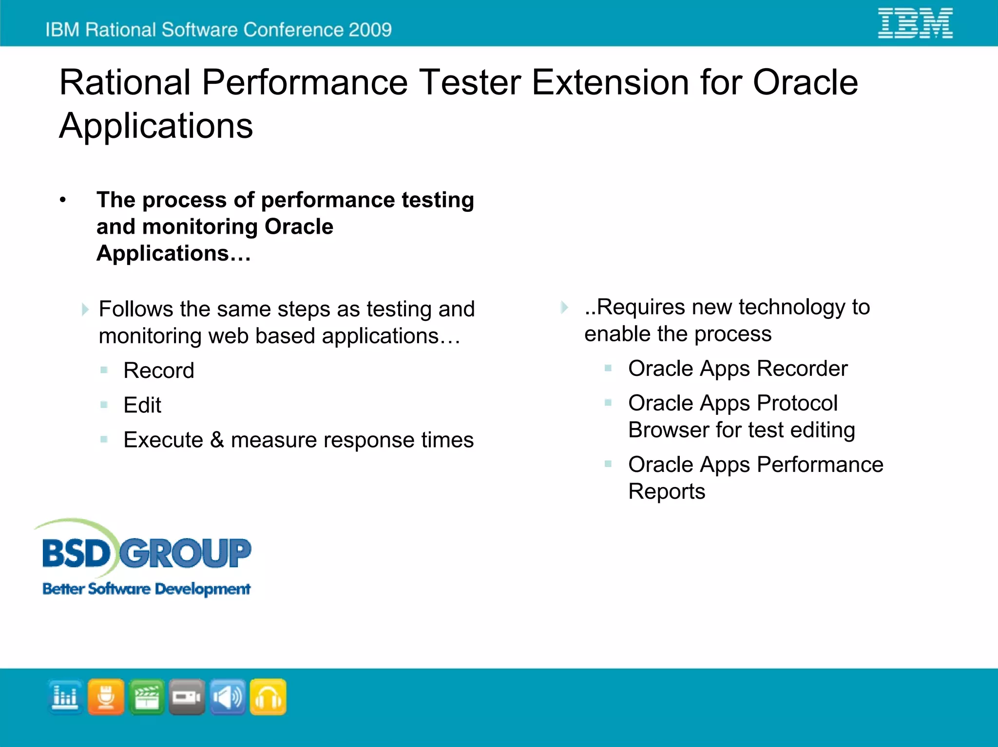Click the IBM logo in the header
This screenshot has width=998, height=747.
915,23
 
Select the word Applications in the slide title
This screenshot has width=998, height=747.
156,126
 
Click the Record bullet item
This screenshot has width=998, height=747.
158,371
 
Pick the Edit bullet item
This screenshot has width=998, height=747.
142,405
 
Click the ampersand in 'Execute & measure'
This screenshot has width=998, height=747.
217,440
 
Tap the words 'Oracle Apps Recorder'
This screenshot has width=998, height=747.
738,369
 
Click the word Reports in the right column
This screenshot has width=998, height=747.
667,491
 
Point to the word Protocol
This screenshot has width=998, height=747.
797,403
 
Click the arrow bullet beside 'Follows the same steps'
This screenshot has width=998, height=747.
85,309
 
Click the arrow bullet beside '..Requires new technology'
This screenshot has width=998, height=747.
564,307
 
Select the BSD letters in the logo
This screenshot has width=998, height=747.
77,554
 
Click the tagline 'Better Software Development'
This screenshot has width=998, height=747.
146,589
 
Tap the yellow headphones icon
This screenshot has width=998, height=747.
268,697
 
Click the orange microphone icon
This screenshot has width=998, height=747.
106,697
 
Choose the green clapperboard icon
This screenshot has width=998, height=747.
147,697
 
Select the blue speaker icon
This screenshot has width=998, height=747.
228,697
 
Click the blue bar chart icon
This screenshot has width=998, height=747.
65,697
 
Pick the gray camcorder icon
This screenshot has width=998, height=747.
187,697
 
